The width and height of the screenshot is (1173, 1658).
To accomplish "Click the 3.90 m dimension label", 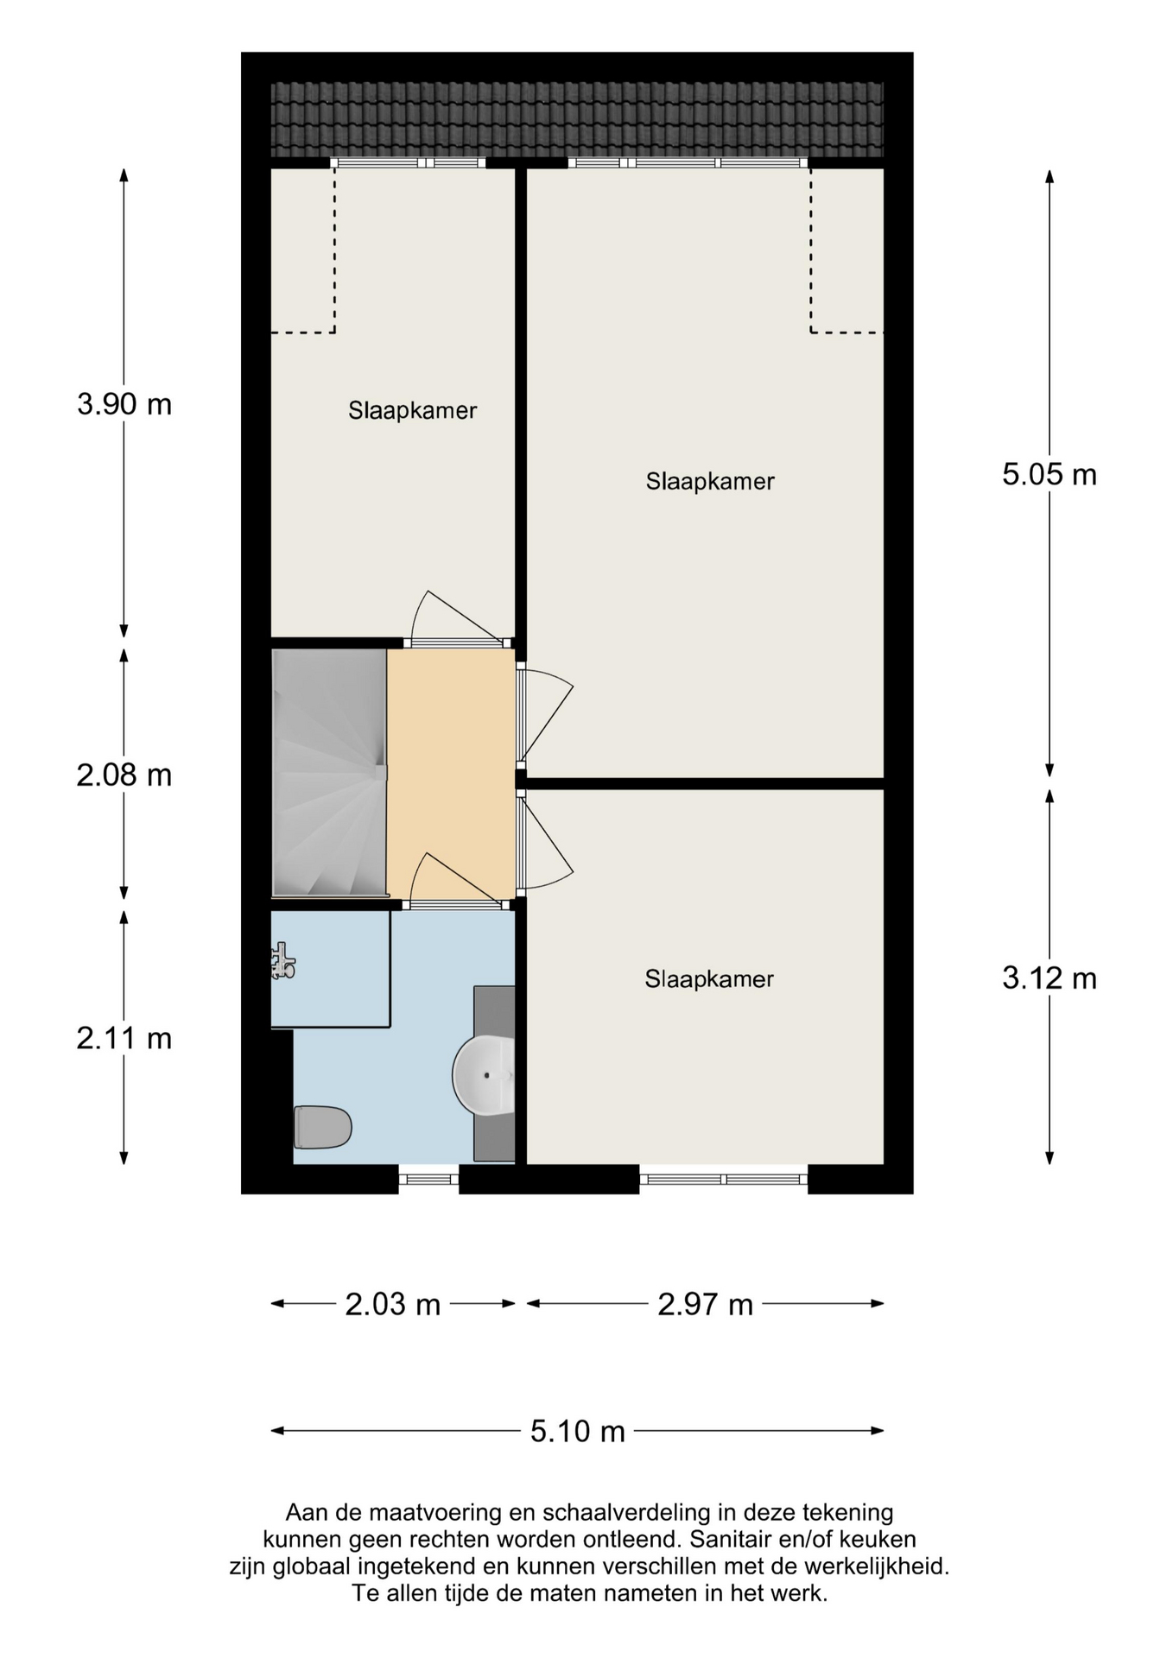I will [x=124, y=404].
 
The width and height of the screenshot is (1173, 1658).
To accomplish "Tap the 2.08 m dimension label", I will [x=124, y=775].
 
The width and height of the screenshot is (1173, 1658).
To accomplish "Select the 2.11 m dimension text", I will [x=124, y=1038].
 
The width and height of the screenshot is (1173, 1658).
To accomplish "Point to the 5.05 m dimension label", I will [x=1049, y=474].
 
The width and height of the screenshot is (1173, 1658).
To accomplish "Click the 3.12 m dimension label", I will [x=1049, y=978].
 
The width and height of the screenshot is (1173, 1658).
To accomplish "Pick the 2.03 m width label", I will [x=393, y=1304].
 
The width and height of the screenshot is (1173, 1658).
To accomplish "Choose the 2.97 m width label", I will [x=705, y=1304].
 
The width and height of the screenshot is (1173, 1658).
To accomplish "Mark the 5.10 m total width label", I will [x=577, y=1431].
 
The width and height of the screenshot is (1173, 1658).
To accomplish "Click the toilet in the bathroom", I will [x=322, y=1127].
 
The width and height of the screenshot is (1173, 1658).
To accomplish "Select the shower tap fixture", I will [x=282, y=961].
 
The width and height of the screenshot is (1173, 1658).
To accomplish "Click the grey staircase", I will [x=328, y=773].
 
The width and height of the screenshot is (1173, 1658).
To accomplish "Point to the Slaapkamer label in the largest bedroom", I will [x=710, y=482].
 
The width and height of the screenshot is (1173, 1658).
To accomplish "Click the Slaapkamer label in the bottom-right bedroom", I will [x=709, y=979].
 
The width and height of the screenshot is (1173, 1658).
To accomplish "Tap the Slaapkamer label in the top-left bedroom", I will [x=412, y=411].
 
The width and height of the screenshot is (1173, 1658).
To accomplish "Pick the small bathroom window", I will [x=428, y=1179].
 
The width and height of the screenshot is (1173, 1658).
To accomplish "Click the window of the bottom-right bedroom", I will [x=724, y=1179].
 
